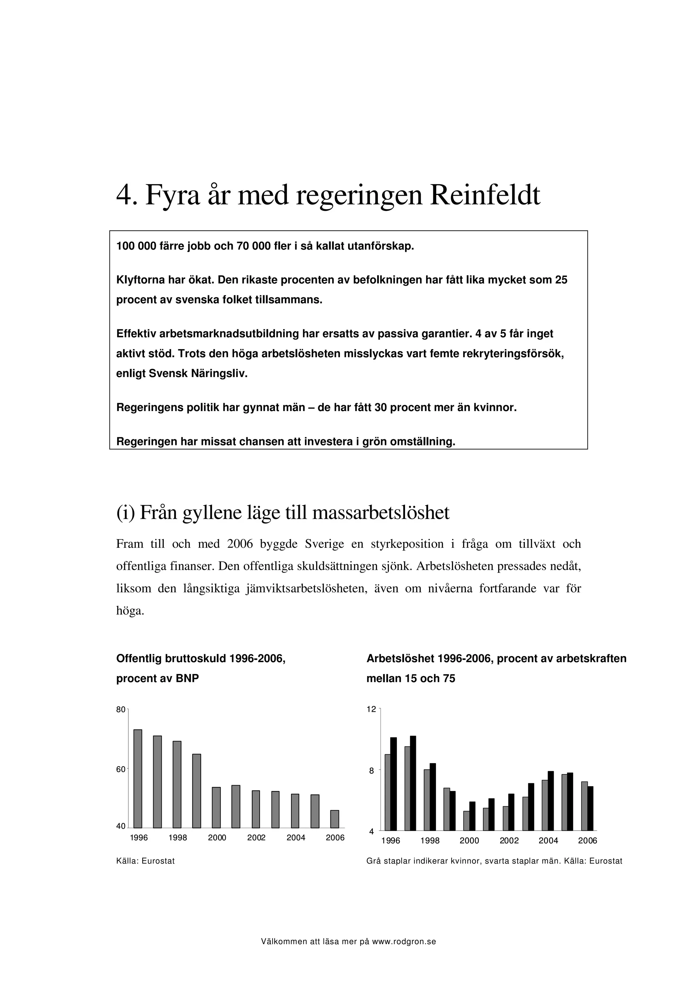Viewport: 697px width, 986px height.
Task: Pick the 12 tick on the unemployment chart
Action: point(371,709)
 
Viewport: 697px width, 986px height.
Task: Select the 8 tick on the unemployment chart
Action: point(372,771)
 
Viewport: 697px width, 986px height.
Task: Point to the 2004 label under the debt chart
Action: point(295,838)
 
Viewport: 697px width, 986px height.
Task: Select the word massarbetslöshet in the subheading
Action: point(381,513)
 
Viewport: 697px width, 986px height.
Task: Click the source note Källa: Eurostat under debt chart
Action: point(146,861)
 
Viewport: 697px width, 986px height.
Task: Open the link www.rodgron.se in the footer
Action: point(404,942)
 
